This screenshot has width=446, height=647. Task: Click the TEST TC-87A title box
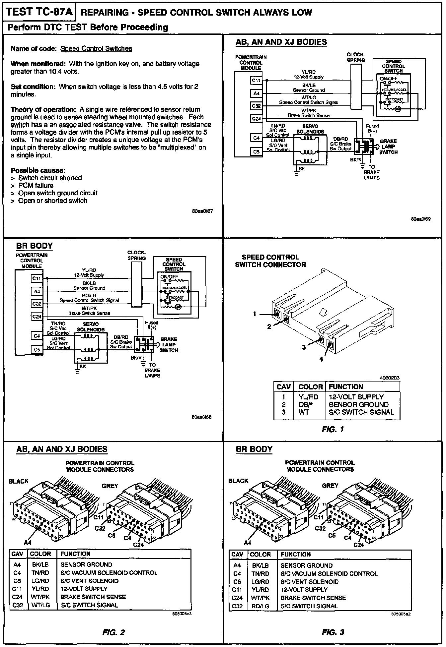(39, 12)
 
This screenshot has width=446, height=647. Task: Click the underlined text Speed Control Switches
(96, 49)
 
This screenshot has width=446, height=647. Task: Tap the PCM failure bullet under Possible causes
(36, 186)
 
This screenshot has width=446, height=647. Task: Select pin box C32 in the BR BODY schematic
(37, 304)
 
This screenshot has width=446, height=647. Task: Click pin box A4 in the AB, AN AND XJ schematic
(256, 94)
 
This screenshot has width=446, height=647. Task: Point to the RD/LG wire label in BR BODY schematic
(89, 295)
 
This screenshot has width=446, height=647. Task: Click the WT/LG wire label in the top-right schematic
(309, 97)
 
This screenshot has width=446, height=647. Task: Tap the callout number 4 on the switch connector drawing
(321, 359)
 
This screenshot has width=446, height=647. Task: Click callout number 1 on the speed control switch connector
(255, 314)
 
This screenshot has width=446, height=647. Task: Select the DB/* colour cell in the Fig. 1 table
(306, 404)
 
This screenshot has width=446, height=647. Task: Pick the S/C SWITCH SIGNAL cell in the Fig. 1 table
(361, 412)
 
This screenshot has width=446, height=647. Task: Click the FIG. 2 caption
(113, 632)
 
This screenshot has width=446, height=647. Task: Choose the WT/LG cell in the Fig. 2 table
(40, 605)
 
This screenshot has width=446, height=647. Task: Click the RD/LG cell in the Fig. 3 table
(260, 606)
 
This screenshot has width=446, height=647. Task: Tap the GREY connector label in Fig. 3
(330, 486)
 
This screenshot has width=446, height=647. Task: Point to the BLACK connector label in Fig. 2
(19, 481)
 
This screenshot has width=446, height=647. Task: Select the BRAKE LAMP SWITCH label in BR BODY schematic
(169, 345)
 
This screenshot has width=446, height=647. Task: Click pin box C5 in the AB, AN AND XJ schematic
(256, 152)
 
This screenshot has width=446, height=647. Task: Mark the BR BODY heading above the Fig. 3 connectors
(254, 449)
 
